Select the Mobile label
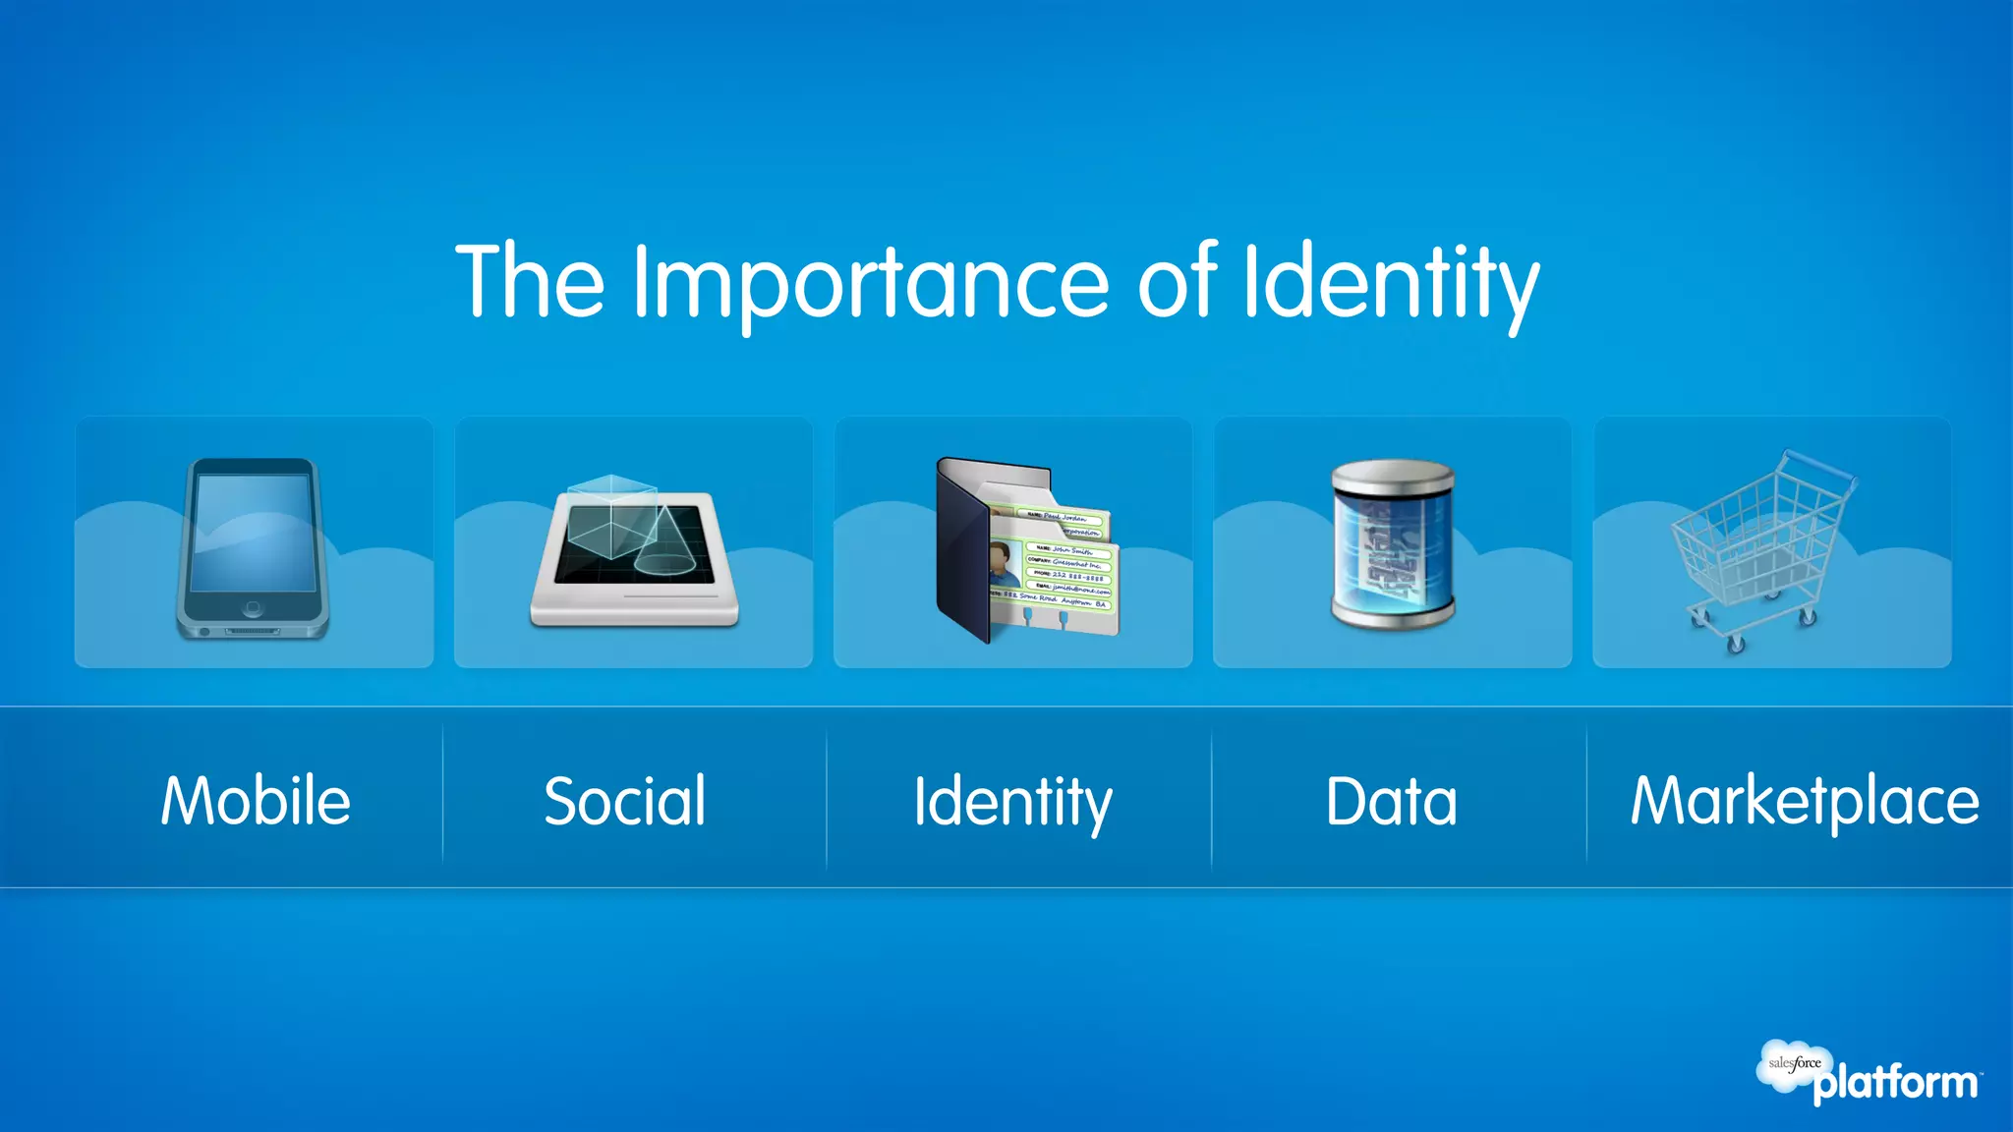(x=256, y=801)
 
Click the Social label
(x=625, y=801)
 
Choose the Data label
(x=1391, y=801)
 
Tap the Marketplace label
(x=1805, y=801)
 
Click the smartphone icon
(x=253, y=548)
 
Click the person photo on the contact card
(x=1004, y=565)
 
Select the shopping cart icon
(x=1759, y=550)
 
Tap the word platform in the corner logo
(x=1896, y=1084)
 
